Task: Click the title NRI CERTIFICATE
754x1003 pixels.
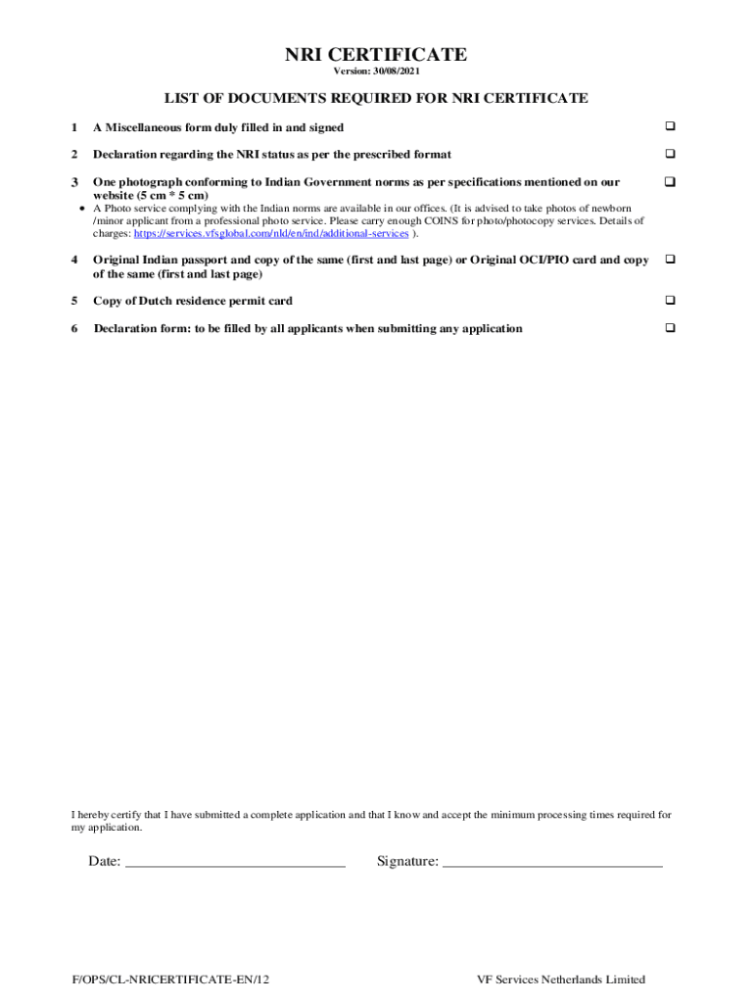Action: [376, 55]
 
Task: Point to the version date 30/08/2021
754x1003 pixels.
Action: [397, 72]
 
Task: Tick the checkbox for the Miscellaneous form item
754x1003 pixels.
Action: [671, 127]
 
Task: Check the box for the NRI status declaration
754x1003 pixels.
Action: [671, 154]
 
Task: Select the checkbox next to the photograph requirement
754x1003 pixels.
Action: [671, 182]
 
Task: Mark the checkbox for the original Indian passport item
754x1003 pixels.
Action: [671, 260]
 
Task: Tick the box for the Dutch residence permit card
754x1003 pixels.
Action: [671, 300]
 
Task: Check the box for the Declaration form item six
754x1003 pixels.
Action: [671, 328]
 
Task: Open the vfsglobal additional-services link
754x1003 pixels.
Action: [271, 234]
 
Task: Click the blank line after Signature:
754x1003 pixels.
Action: [552, 862]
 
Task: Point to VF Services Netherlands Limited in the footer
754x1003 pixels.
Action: [561, 979]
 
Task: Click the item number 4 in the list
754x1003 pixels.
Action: [74, 260]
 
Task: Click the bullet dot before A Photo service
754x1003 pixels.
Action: [80, 209]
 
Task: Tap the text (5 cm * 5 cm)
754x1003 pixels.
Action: [173, 195]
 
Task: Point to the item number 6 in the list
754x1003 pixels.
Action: [74, 328]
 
